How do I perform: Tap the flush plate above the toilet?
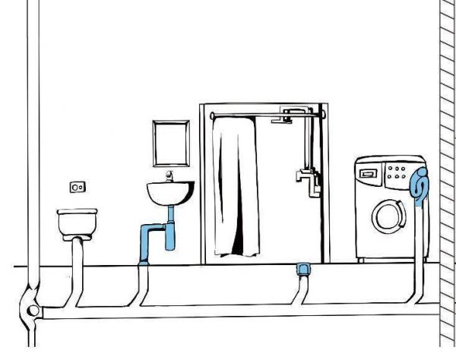[77, 185]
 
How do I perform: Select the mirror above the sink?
[169, 144]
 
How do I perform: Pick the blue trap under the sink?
[166, 235]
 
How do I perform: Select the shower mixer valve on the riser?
[305, 176]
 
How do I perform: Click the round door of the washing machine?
[388, 216]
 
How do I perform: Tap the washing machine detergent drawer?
[369, 172]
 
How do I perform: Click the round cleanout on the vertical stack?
[32, 309]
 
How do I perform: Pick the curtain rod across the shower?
[266, 115]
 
